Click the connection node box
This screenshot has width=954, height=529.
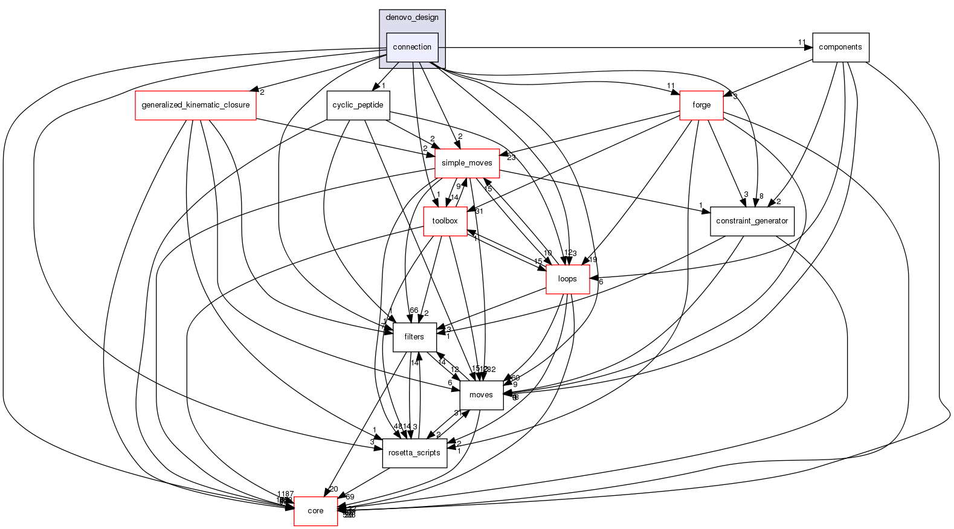pos(412,47)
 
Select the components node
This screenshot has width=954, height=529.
pos(840,47)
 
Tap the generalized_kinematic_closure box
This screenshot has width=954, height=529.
pos(195,105)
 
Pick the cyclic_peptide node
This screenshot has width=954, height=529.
pos(358,105)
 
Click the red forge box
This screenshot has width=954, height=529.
pos(701,105)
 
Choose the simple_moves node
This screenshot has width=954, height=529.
pos(467,163)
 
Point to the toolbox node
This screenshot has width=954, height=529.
pos(445,221)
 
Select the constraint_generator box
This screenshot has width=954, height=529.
pos(752,221)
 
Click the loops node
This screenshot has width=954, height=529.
pos(567,279)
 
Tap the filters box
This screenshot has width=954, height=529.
pos(414,337)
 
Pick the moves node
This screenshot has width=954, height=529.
pos(481,395)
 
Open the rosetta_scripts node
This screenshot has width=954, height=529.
pos(414,453)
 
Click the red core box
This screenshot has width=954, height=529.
pos(315,511)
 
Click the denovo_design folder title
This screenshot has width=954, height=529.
pos(412,18)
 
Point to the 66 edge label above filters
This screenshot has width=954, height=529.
pos(414,310)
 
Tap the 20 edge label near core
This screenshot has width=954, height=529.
pos(334,489)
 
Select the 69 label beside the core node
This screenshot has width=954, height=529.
pos(350,496)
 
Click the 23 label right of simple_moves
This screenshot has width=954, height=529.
pos(511,158)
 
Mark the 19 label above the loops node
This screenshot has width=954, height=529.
pos(593,260)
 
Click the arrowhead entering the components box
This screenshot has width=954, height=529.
pos(808,47)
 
